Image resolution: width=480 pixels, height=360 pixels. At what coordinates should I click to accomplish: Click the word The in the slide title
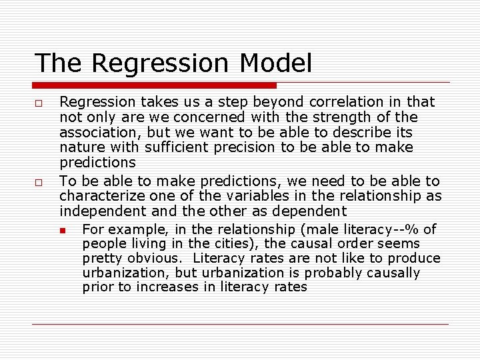click(x=59, y=63)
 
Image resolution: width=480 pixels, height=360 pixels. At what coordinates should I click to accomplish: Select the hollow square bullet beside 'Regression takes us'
click(x=40, y=103)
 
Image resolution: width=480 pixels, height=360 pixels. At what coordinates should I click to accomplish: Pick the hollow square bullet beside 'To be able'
click(x=40, y=182)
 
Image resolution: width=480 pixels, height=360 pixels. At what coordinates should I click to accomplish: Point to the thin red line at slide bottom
click(x=240, y=325)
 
